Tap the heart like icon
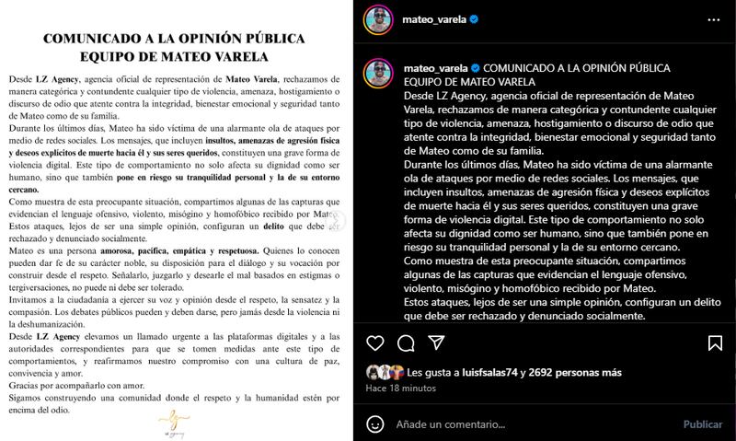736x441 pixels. [x=374, y=344]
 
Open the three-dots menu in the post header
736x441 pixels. [x=713, y=18]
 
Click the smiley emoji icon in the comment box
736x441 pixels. [x=375, y=424]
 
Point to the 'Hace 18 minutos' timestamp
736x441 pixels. [x=402, y=389]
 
